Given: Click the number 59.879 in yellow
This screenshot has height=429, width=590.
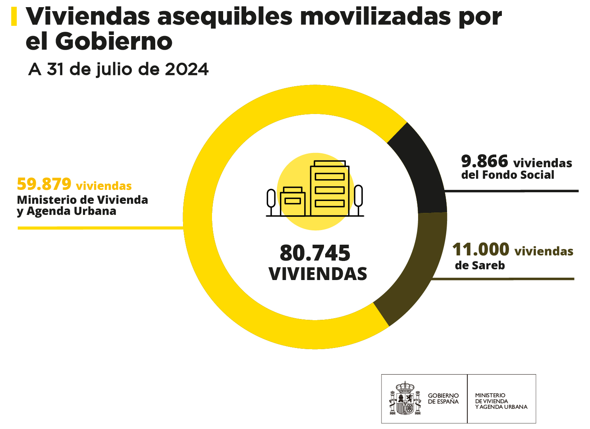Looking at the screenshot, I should tap(44, 184).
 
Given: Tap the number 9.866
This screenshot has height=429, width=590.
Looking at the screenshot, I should tap(484, 162).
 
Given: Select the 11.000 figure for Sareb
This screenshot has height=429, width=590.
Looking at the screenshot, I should tap(480, 250).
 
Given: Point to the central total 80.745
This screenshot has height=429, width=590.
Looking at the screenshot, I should tap(315, 253).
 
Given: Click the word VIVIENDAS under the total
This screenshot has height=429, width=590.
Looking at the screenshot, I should tap(318, 274).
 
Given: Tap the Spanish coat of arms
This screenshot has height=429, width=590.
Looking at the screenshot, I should tap(405, 398).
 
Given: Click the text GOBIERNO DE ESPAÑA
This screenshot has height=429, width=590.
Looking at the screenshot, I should tap(443, 398).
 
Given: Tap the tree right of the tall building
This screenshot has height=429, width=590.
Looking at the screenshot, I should tap(358, 197).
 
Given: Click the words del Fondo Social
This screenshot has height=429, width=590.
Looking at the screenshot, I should tap(507, 175).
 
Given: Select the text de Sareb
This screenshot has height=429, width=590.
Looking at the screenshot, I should tap(480, 265).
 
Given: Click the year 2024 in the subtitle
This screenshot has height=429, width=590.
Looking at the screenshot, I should tap(187, 70).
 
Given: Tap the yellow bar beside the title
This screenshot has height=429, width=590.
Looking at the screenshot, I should tap(14, 17).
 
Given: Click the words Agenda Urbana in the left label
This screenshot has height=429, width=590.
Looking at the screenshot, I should tap(71, 211).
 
